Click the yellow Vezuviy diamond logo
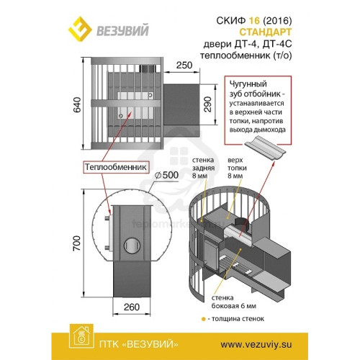[x=80, y=29]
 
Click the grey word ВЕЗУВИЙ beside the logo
[x=122, y=30]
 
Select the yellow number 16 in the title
[x=254, y=21]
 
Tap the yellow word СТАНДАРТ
[x=266, y=32]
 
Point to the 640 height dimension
[x=77, y=105]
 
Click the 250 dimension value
[x=184, y=65]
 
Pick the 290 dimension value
[x=207, y=104]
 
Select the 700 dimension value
[x=77, y=243]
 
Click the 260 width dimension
[x=132, y=307]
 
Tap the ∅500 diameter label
[x=166, y=175]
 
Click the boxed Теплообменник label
[x=116, y=167]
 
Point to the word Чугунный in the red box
[x=248, y=84]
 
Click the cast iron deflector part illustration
[x=265, y=148]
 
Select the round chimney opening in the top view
[x=132, y=246]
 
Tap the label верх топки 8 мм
[x=237, y=168]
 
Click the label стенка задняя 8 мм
[x=203, y=168]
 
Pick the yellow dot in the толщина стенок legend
[x=204, y=319]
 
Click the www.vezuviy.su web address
[x=256, y=345]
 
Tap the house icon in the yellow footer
[x=81, y=336]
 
